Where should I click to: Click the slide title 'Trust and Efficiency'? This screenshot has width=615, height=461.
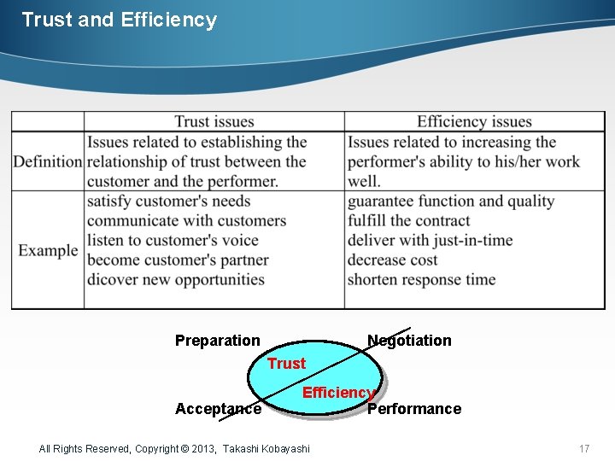(x=119, y=20)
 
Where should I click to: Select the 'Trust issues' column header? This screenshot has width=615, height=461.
(x=214, y=122)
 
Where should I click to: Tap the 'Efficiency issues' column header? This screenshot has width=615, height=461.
(x=474, y=122)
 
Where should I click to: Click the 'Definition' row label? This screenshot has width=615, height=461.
(x=48, y=161)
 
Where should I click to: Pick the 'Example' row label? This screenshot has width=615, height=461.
(x=48, y=250)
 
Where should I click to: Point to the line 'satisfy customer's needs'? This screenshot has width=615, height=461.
(x=169, y=201)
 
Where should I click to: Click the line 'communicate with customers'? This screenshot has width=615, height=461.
(x=186, y=220)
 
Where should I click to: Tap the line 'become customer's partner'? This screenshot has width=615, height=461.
(x=178, y=260)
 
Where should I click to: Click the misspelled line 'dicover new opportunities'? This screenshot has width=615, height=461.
(x=176, y=279)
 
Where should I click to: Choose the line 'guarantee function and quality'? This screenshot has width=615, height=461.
(x=451, y=201)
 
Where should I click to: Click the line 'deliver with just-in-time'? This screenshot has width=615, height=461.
(x=430, y=240)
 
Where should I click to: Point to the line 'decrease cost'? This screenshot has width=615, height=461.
(x=393, y=260)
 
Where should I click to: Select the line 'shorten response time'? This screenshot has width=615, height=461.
(x=421, y=279)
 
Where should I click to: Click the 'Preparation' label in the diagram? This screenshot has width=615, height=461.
(x=218, y=341)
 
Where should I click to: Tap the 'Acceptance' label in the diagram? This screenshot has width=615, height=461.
(x=218, y=409)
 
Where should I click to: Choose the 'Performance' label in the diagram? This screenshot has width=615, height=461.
(x=414, y=409)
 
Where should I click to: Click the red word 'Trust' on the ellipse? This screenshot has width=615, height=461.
(x=286, y=364)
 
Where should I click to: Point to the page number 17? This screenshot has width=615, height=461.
(x=584, y=448)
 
